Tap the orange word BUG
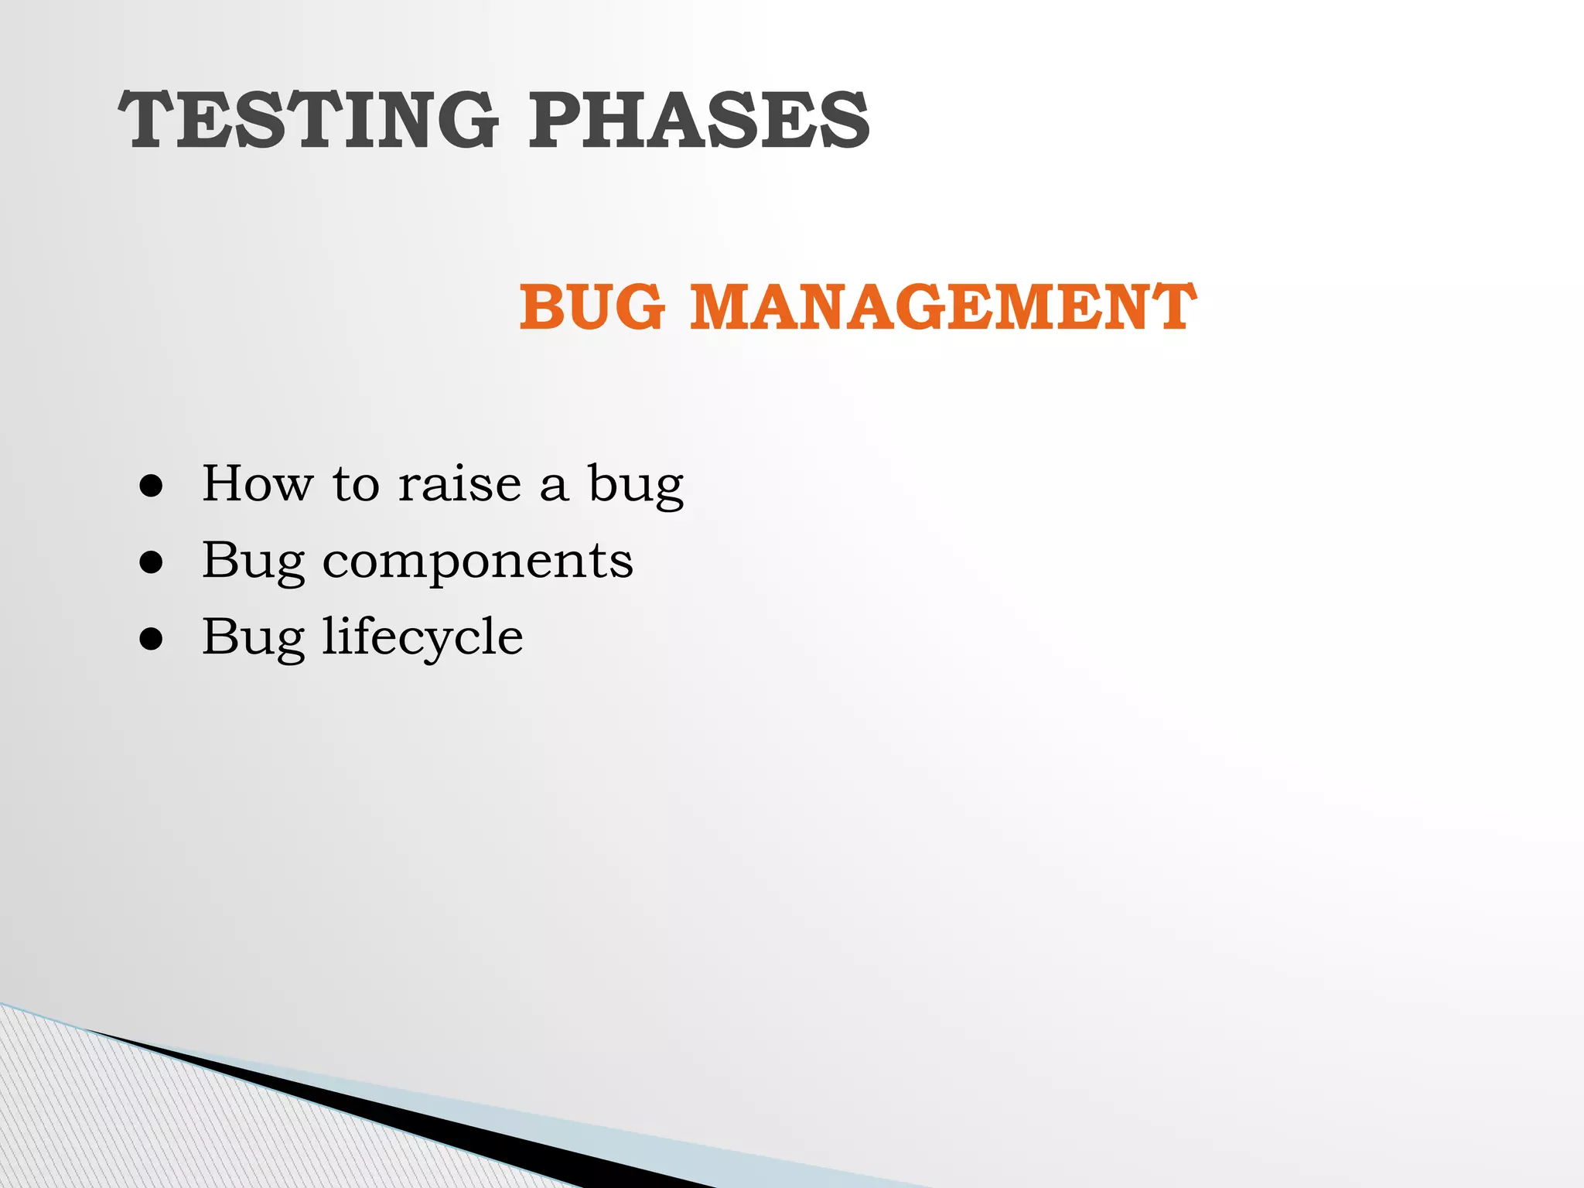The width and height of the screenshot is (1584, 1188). (x=592, y=307)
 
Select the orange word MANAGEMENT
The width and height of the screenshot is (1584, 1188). (x=943, y=307)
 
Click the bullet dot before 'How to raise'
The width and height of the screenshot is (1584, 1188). (x=152, y=486)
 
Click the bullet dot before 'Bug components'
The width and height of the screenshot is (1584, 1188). (x=152, y=563)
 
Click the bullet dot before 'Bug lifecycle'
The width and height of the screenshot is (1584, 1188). (x=152, y=639)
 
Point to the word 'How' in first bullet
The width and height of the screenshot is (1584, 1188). (x=258, y=484)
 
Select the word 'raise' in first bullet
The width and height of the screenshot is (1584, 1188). (x=459, y=484)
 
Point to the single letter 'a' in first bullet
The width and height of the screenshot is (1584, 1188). (x=553, y=487)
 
